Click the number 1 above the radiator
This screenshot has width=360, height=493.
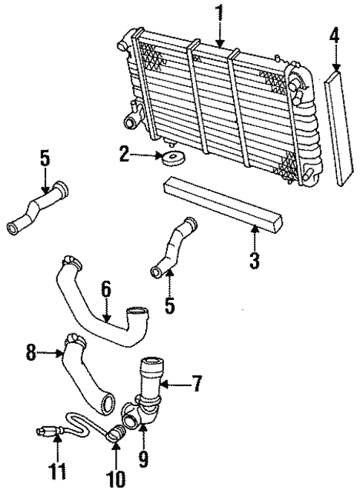219,13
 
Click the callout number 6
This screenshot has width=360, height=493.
107,289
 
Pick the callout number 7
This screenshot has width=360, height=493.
196,385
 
